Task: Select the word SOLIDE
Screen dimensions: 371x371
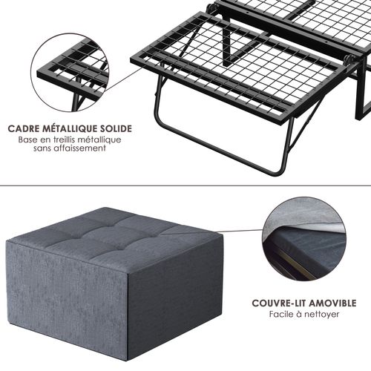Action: [116, 129]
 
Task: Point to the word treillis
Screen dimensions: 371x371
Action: [64, 139]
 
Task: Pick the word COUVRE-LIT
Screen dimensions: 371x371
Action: [279, 303]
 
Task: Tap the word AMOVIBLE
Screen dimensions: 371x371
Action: [332, 303]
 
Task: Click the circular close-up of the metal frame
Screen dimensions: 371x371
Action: [70, 72]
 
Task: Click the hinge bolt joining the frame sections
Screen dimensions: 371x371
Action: [349, 59]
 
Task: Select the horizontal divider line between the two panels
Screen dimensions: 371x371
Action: [185, 185]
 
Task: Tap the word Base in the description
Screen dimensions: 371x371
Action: [27, 139]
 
